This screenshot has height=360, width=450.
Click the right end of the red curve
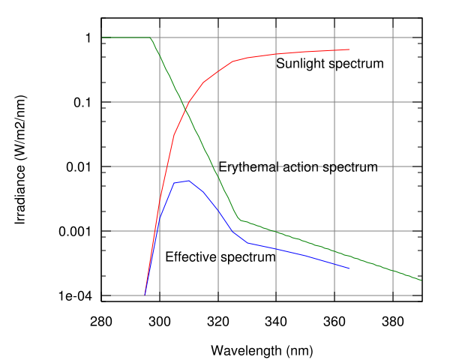tap(349, 49)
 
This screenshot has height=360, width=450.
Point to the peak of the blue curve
tap(188, 180)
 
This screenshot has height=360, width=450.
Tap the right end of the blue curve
tap(349, 268)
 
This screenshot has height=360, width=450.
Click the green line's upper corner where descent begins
tap(151, 38)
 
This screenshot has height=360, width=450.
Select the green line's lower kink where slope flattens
tap(239, 219)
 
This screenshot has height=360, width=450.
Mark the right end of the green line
tap(421, 280)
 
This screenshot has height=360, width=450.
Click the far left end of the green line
tap(102, 37)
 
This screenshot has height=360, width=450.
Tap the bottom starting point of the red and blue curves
tap(145, 294)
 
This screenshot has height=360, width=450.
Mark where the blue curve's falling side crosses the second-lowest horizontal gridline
tap(232, 231)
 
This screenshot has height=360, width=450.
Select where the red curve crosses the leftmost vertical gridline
tap(160, 196)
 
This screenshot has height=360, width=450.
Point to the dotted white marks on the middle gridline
tap(300, 166)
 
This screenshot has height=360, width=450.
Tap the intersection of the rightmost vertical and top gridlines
tap(393, 37)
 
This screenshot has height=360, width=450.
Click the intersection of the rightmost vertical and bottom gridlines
tap(393, 295)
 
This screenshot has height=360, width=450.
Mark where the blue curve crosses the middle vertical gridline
tap(276, 249)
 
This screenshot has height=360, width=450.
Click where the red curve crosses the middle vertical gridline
tap(276, 54)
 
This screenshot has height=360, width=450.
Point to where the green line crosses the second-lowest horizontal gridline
tap(276, 231)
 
